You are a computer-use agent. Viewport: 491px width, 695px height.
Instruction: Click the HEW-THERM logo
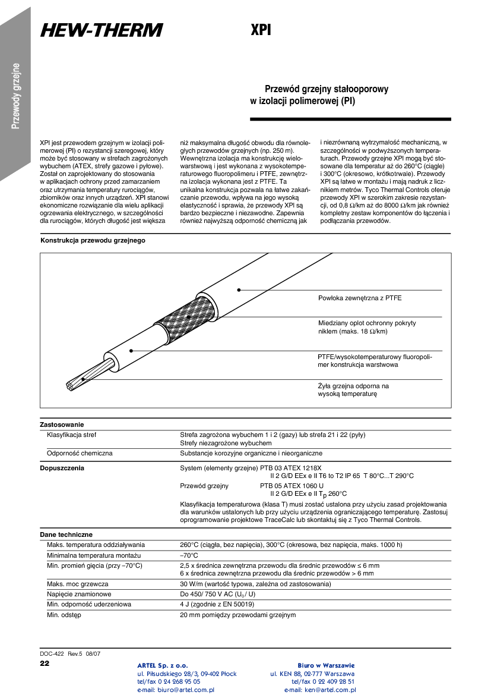coord(102,30)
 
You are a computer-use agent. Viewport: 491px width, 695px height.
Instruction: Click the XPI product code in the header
coord(261,30)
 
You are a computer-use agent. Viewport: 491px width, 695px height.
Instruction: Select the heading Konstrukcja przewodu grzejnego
coord(93,241)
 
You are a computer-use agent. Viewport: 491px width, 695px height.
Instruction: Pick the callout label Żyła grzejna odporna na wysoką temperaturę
coord(353,390)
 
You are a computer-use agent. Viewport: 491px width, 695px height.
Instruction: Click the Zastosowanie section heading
coord(62,424)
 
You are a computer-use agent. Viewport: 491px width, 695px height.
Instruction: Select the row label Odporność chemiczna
coord(80,453)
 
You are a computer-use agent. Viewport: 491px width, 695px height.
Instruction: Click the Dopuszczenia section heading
coord(62,468)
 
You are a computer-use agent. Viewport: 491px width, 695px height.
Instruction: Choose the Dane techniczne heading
coord(66,534)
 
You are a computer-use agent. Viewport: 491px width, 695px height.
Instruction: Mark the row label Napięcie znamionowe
coord(79,594)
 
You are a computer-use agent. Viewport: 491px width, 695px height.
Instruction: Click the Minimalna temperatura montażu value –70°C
coord(190,555)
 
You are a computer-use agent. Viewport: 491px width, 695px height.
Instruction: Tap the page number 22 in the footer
coord(45,663)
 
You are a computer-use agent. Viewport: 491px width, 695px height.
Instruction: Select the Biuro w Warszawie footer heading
coord(326,665)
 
